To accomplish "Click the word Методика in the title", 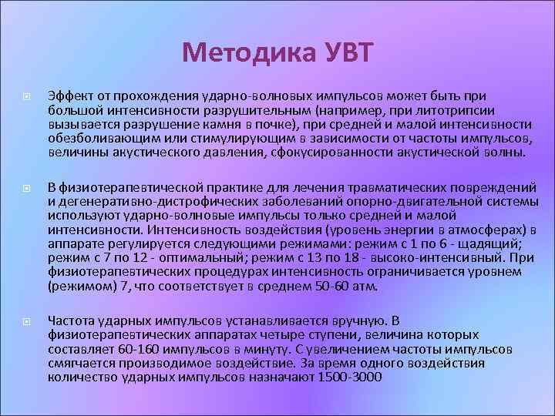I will tap(245, 53).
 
